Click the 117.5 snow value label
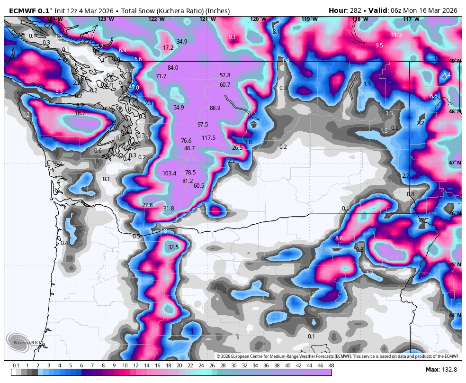pos(208,138)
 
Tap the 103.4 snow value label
pos(169,173)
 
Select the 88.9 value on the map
pos(215,108)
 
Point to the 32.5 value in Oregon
pos(173,247)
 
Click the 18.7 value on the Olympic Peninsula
pos(81,113)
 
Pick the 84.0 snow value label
pos(173,68)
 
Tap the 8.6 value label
pos(339,238)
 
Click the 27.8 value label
pos(147,205)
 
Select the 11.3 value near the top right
pos(396,35)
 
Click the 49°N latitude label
pos(455,61)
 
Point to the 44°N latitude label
pos(455,315)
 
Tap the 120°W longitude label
pos(258,19)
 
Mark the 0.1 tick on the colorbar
pos(16,365)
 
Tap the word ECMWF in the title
pos(22,10)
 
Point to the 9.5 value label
pos(379,46)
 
